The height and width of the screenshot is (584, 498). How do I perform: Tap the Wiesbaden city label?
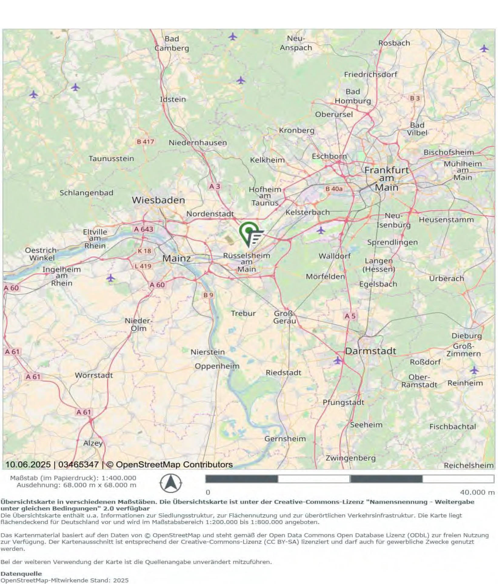(158, 200)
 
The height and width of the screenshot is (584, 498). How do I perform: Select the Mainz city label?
(176, 258)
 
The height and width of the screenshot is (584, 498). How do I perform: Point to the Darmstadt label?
(370, 351)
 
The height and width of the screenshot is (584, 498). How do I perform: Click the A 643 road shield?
(144, 229)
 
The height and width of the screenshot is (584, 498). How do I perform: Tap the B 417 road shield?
(145, 141)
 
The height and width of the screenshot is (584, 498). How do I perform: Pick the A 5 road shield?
(350, 316)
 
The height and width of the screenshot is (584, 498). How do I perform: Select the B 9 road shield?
(208, 295)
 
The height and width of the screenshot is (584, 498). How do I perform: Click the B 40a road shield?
(334, 189)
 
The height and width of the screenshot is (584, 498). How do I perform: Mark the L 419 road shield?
(143, 266)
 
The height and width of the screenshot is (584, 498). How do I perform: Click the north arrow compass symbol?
(171, 483)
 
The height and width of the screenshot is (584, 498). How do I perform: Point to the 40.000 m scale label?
(477, 492)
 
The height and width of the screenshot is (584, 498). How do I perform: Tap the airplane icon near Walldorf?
(321, 230)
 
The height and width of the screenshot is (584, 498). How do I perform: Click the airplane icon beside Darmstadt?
(337, 360)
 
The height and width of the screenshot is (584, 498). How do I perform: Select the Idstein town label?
(173, 99)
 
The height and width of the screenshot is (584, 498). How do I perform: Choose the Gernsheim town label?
(285, 438)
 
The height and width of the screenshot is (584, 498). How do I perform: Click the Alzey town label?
(93, 443)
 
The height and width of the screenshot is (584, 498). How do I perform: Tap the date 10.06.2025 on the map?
(28, 464)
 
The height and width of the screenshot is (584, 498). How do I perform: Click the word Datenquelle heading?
(21, 573)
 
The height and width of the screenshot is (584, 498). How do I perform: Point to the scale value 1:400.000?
(119, 478)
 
